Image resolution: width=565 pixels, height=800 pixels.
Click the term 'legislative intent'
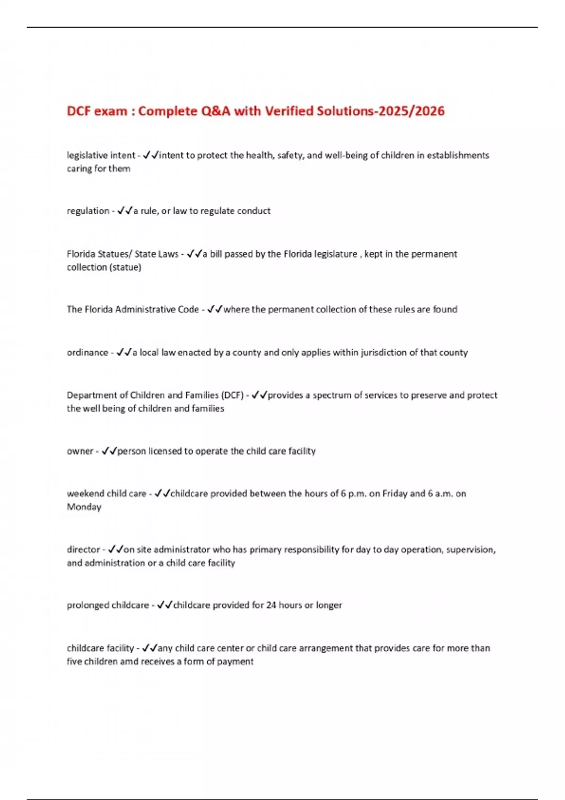101,155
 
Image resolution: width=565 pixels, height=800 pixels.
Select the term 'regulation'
88,211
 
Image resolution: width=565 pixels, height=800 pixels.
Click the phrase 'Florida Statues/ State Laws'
122,254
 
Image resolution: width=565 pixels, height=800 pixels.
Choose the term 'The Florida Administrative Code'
133,309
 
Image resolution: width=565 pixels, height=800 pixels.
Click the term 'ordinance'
88,352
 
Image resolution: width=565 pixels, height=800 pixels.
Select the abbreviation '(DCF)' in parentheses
232,395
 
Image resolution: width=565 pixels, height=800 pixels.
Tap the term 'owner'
80,451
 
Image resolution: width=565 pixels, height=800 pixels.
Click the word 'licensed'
165,451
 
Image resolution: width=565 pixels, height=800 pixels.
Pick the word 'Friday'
395,494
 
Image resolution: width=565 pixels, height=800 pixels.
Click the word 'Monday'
84,507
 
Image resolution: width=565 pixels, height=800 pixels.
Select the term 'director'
83,549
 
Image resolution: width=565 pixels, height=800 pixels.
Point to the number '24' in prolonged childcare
271,605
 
